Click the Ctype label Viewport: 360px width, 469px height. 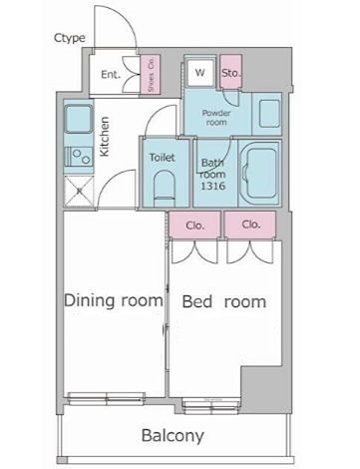click(x=69, y=39)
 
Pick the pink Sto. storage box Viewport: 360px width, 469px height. click(x=231, y=73)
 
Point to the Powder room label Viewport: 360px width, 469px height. click(x=217, y=117)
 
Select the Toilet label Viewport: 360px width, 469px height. click(x=162, y=158)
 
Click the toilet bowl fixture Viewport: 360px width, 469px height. click(x=164, y=186)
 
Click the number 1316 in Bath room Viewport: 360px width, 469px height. click(x=212, y=186)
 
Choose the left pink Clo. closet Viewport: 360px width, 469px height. click(x=195, y=225)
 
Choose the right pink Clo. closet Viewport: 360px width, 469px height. click(x=251, y=225)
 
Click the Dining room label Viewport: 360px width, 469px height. click(x=113, y=299)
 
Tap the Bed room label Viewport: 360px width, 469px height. click(x=224, y=301)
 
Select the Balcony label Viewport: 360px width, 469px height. click(x=172, y=435)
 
